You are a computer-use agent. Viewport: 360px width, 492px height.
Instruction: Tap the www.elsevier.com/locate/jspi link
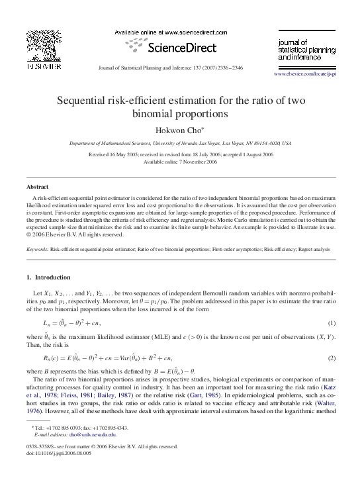[x=305, y=74]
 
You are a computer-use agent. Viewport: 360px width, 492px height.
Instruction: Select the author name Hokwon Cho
[x=179, y=130]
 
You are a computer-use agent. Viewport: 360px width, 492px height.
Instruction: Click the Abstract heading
[x=38, y=187]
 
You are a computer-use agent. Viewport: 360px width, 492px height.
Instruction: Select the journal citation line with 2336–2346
[x=179, y=68]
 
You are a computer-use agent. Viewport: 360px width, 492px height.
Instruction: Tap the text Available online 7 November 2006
[x=179, y=161]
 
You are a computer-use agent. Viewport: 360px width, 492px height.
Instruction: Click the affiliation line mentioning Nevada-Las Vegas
[x=179, y=143]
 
